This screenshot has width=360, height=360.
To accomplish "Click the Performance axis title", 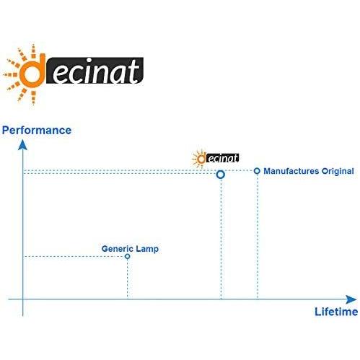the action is [37, 131].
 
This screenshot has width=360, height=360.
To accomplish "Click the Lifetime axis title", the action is [336, 312].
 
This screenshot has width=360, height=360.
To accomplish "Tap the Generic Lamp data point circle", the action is [128, 256].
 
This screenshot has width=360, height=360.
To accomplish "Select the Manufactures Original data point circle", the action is [257, 171].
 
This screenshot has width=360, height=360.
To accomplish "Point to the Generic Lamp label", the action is [130, 249].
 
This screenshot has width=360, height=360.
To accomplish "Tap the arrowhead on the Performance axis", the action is [22, 145].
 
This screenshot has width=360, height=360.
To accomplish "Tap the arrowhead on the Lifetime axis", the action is [351, 299].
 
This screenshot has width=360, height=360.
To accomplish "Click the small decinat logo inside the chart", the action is [215, 158].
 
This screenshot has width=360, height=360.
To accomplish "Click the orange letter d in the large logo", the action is [32, 71].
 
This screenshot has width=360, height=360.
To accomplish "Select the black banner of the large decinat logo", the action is [95, 71].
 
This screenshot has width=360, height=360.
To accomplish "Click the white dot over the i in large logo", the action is [89, 60].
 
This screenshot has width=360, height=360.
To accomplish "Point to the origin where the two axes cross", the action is [23, 299].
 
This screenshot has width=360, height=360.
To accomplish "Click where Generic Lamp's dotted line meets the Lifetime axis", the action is [128, 299].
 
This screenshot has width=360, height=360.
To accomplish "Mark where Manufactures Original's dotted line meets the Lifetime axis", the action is [258, 299].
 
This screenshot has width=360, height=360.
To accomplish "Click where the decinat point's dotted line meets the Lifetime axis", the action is [221, 299].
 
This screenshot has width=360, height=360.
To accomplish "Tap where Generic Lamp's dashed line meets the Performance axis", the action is [23, 257].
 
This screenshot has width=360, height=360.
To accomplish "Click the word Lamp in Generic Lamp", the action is [147, 249].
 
